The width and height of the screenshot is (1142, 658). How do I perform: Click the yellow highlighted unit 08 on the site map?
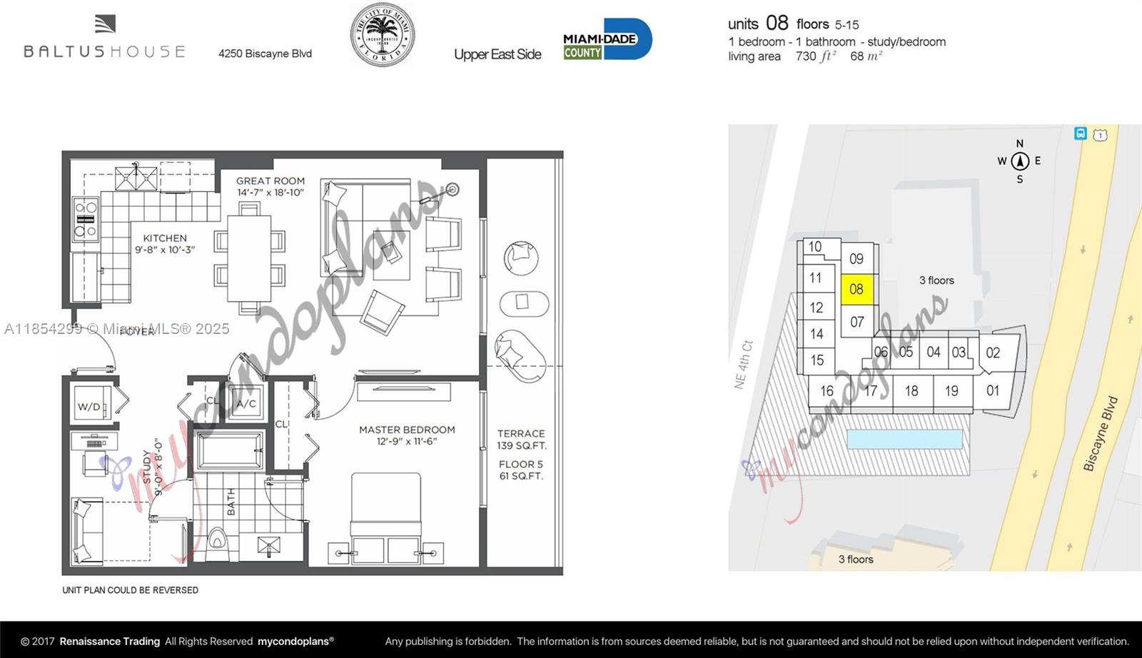click(x=856, y=289)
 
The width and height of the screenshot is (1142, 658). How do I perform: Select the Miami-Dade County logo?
click(x=607, y=39)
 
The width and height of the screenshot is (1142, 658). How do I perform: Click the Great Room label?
click(x=271, y=186)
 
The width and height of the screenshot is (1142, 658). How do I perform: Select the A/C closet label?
click(x=246, y=404)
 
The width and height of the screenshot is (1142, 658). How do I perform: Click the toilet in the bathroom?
click(x=217, y=546)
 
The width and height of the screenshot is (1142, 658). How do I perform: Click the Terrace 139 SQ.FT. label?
click(x=521, y=439)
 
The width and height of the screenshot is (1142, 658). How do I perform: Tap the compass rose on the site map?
click(x=1020, y=161)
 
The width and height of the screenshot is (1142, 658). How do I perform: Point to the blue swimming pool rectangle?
click(x=904, y=438)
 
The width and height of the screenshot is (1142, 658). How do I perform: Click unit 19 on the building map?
click(x=951, y=391)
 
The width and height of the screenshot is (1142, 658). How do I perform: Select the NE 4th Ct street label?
click(x=743, y=364)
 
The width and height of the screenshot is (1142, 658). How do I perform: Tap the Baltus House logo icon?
click(x=105, y=24)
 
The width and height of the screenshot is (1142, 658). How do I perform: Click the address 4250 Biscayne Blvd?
click(x=265, y=54)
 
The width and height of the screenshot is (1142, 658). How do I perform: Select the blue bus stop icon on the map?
click(x=1081, y=133)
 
